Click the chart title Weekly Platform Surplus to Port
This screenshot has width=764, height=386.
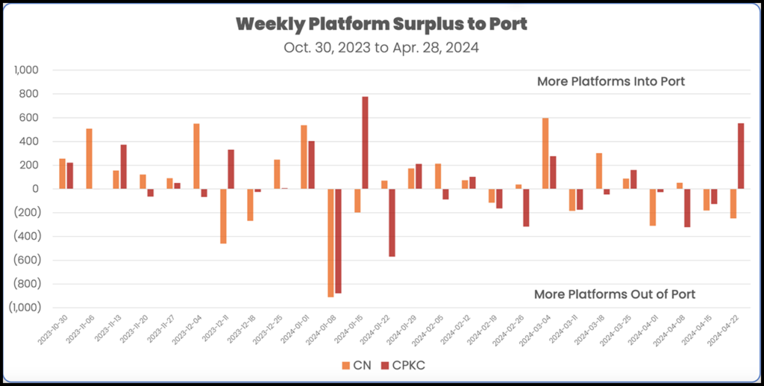pos(381,24)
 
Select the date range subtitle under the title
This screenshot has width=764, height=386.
pos(381,48)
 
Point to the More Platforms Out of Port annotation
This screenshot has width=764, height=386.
pos(615,294)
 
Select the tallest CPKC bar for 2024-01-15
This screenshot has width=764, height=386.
pos(365,143)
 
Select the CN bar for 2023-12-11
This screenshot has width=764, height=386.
pos(223,216)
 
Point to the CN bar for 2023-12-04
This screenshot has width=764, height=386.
pos(196,156)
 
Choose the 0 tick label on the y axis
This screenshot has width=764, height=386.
pos(34,189)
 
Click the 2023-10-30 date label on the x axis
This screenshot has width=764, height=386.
pos(51,329)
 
